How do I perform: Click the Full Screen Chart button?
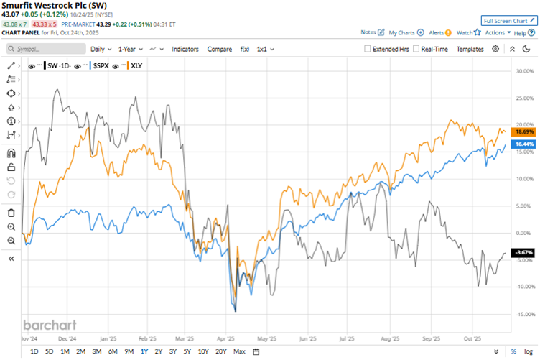pyautogui.click(x=508, y=21)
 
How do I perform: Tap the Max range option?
pyautogui.click(x=239, y=351)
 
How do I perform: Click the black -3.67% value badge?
pyautogui.click(x=522, y=252)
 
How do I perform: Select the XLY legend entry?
pyautogui.click(x=137, y=65)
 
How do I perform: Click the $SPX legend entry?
pyautogui.click(x=100, y=65)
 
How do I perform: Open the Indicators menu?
pyautogui.click(x=185, y=49)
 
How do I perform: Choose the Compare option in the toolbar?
pyautogui.click(x=220, y=49)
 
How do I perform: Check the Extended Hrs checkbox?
pyautogui.click(x=368, y=49)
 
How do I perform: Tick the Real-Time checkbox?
pyautogui.click(x=416, y=49)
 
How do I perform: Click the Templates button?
pyautogui.click(x=470, y=49)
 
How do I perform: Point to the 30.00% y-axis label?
pyautogui.click(x=523, y=71)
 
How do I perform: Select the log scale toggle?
pyautogui.click(x=528, y=351)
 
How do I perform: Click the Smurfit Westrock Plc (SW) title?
pyautogui.click(x=56, y=5)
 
